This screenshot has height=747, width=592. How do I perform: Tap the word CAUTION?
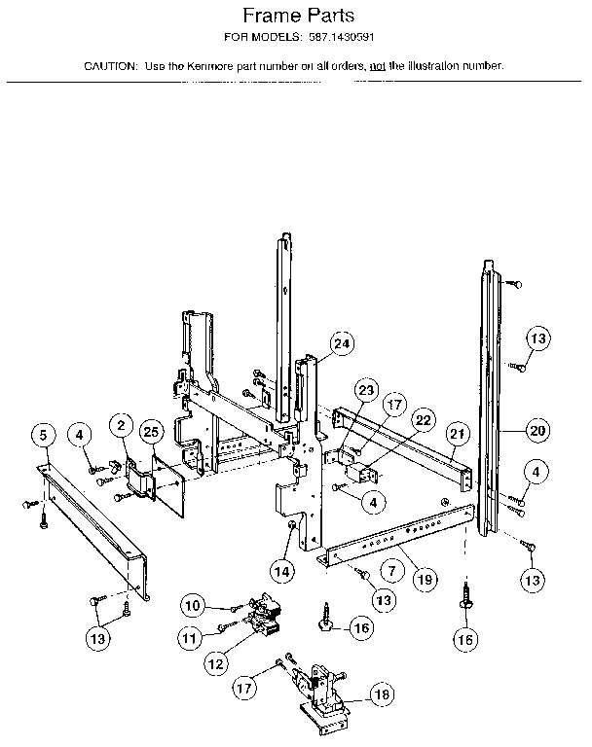pyautogui.click(x=110, y=66)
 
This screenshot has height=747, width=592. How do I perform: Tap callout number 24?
pyautogui.click(x=341, y=342)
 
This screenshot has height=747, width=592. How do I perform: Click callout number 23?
pyautogui.click(x=364, y=390)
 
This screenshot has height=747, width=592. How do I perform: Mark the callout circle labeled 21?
pyautogui.click(x=458, y=433)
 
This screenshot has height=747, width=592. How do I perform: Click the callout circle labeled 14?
pyautogui.click(x=282, y=571)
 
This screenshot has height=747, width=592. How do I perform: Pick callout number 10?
pyautogui.click(x=193, y=606)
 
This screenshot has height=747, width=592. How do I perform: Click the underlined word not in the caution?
pyautogui.click(x=375, y=66)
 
